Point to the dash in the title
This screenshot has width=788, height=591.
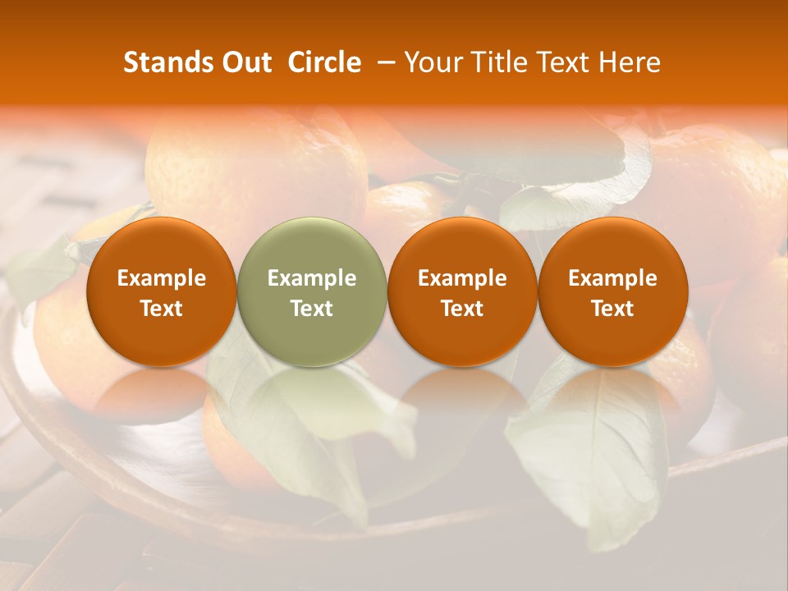click(383, 62)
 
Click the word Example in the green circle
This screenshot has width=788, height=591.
click(312, 278)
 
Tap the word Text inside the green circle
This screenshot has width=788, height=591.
click(312, 309)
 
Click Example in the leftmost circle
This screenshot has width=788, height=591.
click(161, 278)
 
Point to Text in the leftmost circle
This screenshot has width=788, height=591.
click(161, 309)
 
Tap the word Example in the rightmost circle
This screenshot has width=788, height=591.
click(612, 278)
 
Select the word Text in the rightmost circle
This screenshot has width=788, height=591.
click(612, 309)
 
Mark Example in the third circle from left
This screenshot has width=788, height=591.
click(462, 278)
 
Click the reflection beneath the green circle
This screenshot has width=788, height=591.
click(312, 394)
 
